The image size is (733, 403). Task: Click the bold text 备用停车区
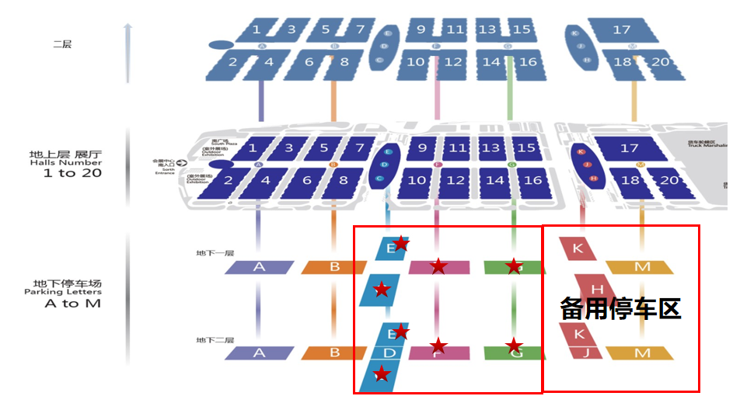coord(620,309)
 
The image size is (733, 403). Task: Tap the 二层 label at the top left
coord(62,45)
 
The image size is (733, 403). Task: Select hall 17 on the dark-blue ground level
coord(628,148)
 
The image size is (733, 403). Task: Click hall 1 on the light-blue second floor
coord(256,31)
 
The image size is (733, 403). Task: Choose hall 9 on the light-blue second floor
coord(421,31)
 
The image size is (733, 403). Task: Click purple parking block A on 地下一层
coord(259,267)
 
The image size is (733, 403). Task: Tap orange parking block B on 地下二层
coord(334,353)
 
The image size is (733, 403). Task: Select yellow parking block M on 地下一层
coord(641,267)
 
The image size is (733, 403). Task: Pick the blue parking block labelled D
coord(390,353)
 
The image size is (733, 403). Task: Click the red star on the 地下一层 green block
coord(514,267)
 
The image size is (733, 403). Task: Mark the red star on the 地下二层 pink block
coord(439,346)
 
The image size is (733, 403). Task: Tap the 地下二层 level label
coord(215,340)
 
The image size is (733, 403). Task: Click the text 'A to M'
coord(72,304)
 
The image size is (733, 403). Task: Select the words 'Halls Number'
coord(65,162)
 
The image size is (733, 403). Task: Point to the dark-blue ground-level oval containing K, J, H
coord(588,165)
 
